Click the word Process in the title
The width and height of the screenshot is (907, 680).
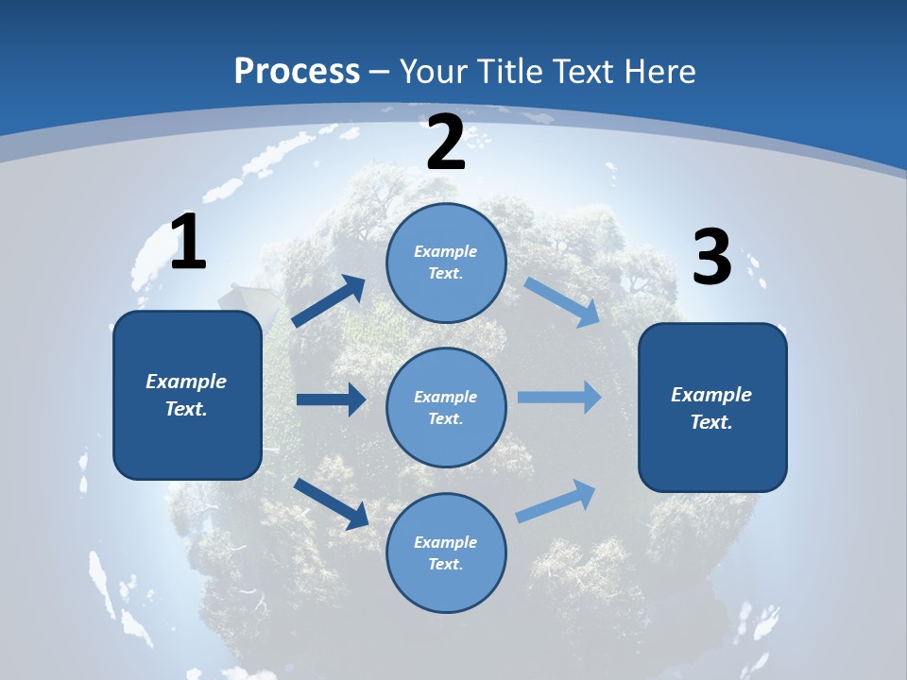297,71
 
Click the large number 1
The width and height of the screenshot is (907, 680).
188,243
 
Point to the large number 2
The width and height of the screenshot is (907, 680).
446,144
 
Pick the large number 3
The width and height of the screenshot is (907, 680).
711,258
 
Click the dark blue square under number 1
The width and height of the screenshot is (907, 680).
187,395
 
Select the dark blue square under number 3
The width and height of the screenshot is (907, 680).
712,407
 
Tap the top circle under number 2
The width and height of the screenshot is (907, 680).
446,263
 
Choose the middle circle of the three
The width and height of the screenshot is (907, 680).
446,407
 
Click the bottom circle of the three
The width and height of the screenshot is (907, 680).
446,552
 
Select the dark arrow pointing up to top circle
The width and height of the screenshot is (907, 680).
329,301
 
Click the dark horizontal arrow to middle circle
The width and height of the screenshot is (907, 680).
331,399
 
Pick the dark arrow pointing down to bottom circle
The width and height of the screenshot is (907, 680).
331,503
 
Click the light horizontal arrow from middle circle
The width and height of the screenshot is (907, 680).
558,397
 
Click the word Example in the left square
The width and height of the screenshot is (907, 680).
186,382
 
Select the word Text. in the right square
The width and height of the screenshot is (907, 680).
711,422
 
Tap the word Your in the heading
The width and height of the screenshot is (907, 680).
435,71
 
